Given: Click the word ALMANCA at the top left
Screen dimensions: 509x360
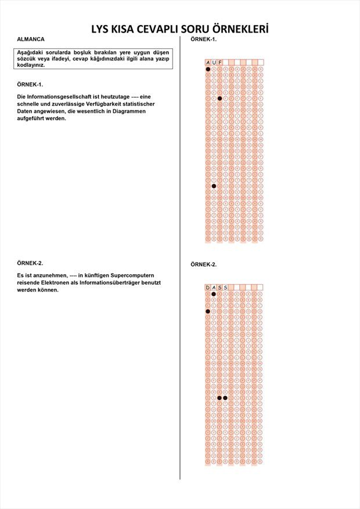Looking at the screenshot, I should (x=31, y=39).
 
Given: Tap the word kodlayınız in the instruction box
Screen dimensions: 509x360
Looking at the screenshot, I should (x=31, y=65).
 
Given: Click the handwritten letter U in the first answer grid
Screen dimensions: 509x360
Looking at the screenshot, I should (x=214, y=62).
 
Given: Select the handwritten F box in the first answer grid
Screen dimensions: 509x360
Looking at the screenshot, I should (x=219, y=62).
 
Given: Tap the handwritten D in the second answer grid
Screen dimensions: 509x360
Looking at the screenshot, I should (x=208, y=288).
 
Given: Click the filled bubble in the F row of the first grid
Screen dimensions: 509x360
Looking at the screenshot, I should (x=219, y=98).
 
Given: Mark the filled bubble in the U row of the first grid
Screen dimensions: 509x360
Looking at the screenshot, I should (x=214, y=186).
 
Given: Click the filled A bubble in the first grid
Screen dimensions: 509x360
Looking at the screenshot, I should (x=208, y=69).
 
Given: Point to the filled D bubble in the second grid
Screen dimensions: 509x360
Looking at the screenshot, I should (x=208, y=311).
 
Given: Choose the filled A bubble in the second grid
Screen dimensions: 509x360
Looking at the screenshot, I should (x=214, y=294).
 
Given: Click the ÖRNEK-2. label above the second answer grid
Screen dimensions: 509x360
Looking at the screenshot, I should (x=204, y=264).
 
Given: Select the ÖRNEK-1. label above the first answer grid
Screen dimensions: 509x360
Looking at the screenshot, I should (x=204, y=39).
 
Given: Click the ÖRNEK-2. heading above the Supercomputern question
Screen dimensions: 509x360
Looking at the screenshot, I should (x=30, y=263).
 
